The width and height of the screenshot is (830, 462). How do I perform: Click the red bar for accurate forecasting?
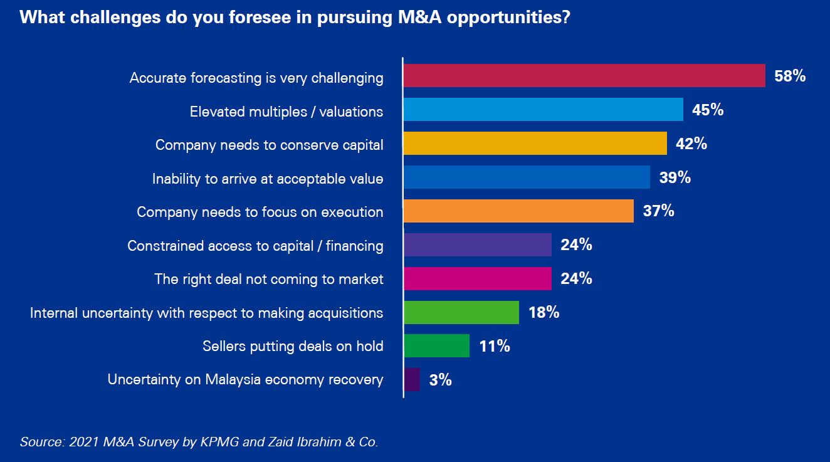tap(584, 76)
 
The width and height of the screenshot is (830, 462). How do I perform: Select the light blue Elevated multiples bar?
tap(543, 110)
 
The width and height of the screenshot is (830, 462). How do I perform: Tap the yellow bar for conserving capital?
tap(535, 144)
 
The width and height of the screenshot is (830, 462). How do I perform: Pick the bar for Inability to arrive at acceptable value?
tap(527, 177)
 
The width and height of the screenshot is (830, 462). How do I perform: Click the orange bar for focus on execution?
tap(518, 211)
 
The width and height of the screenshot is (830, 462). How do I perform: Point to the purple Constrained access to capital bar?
tap(478, 245)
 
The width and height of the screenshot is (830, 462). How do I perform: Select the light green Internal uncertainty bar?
tap(461, 312)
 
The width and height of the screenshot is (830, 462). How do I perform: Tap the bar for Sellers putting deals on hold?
tap(437, 345)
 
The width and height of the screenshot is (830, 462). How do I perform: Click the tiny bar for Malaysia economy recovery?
tap(412, 379)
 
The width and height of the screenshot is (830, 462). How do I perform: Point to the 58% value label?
tap(790, 76)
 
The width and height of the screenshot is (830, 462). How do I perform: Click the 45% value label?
tap(708, 110)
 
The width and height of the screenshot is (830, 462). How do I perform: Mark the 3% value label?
tap(441, 380)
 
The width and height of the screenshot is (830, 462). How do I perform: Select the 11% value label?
tap(495, 346)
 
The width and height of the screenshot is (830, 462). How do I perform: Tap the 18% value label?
tap(544, 312)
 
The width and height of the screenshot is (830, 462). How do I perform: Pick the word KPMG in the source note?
tap(218, 442)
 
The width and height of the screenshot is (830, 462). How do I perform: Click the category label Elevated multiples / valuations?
tap(286, 112)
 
